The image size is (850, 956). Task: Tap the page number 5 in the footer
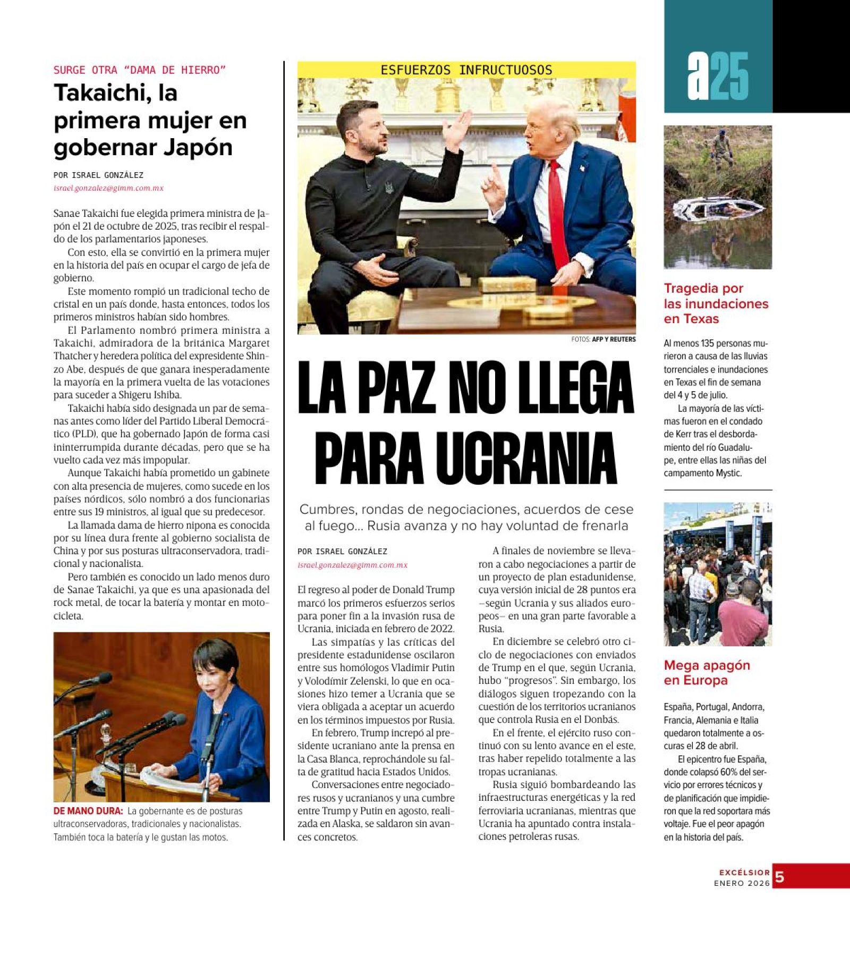(x=779, y=877)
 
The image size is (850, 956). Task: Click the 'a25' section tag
(x=718, y=76)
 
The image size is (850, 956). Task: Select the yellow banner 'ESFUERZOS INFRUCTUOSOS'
(x=466, y=70)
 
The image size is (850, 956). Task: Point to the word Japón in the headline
(x=198, y=147)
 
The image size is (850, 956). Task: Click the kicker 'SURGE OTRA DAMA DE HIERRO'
(x=140, y=70)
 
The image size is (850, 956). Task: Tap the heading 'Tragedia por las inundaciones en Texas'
(x=716, y=303)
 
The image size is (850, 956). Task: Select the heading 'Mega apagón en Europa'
(x=707, y=672)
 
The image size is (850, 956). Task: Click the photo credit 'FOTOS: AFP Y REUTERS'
(x=603, y=339)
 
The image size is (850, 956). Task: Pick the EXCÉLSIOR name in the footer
(x=744, y=872)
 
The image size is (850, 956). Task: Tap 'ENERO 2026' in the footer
(x=742, y=883)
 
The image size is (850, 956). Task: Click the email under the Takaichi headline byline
(x=108, y=188)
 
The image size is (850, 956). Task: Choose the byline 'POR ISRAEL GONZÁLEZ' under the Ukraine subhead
(x=342, y=552)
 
